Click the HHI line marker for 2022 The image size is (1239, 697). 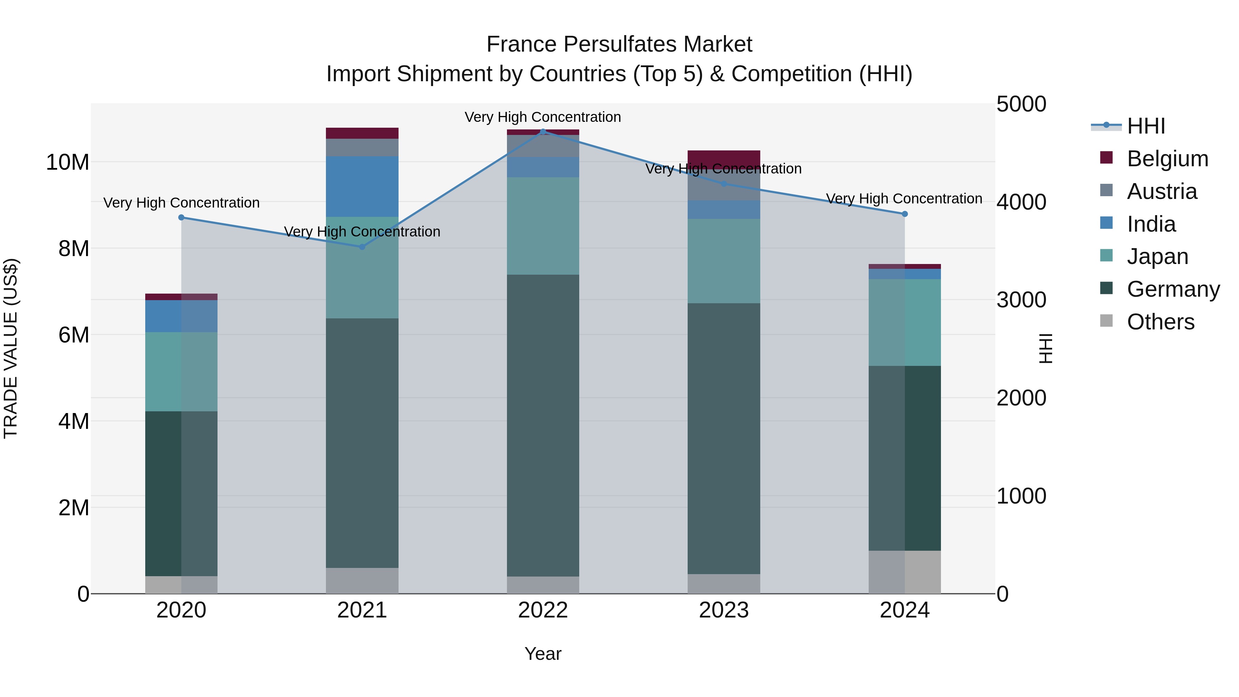point(543,131)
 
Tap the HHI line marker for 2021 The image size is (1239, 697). point(362,247)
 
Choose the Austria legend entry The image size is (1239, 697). point(1162,191)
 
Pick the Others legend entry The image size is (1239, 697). point(1160,322)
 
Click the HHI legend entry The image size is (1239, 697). point(1146,126)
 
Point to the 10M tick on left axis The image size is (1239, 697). point(67,162)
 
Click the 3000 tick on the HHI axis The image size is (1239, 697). point(1021,300)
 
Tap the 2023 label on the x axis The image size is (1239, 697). point(723,610)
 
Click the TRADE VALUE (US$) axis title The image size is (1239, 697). point(11,348)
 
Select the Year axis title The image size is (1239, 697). point(542,654)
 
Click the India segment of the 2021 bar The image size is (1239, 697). point(362,187)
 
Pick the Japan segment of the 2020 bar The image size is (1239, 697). point(181,371)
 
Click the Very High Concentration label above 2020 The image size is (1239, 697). point(181,203)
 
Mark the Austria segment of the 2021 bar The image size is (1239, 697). point(362,147)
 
